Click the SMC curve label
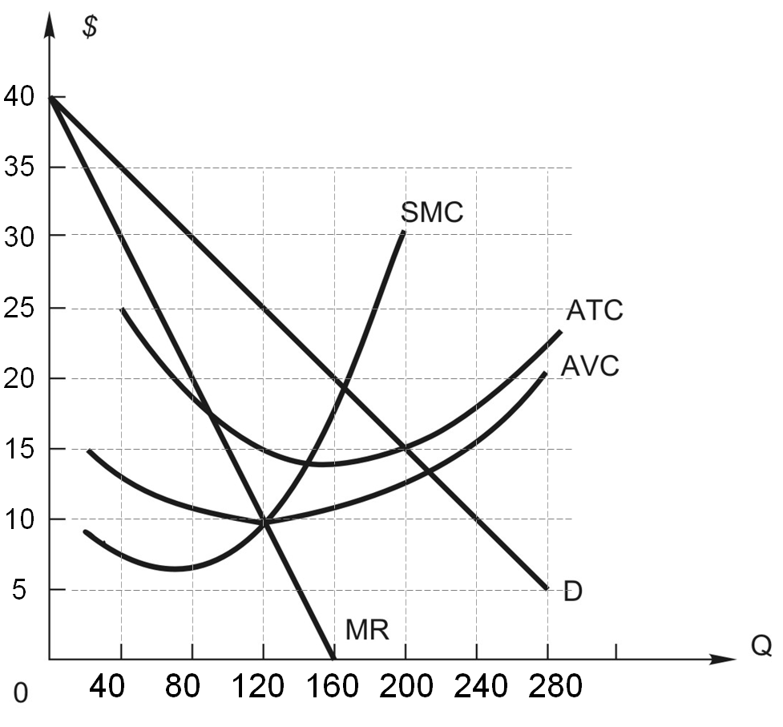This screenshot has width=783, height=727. (432, 212)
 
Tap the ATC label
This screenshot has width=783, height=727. (594, 310)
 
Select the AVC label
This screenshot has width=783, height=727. (589, 366)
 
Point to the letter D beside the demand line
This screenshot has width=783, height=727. (572, 592)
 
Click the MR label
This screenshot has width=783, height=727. (367, 630)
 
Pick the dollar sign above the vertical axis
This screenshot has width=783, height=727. (90, 26)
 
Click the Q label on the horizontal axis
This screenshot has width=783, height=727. (761, 646)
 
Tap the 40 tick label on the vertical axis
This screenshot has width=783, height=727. (18, 97)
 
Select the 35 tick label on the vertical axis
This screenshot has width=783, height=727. (18, 168)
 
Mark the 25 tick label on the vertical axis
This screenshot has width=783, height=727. (18, 309)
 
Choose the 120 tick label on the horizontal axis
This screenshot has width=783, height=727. (262, 687)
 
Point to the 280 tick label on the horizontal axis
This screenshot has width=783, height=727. (548, 687)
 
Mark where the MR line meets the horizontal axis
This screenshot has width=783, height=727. (333, 659)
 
